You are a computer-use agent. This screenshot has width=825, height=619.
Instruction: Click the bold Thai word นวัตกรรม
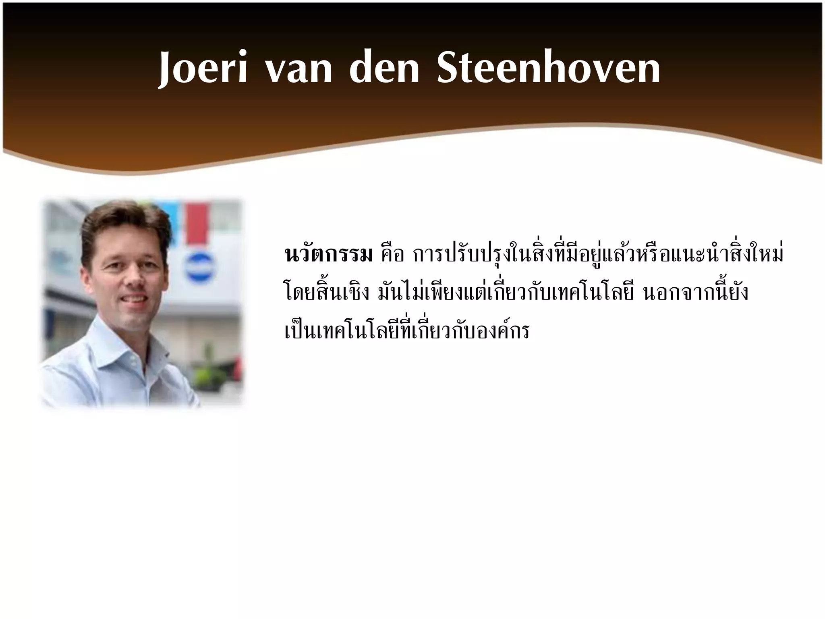(328, 255)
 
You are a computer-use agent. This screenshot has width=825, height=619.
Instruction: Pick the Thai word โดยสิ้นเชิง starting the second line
(326, 293)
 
